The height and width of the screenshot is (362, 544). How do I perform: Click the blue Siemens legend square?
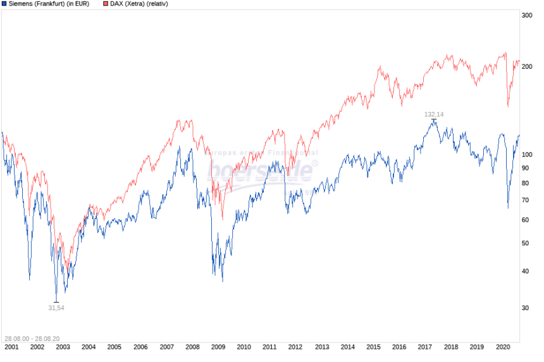(4, 4)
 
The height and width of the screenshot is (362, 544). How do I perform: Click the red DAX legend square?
(105, 4)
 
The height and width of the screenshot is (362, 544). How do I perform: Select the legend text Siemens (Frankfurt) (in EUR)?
(49, 4)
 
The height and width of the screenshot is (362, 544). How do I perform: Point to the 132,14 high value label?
(434, 114)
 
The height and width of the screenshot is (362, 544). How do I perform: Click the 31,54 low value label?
(56, 308)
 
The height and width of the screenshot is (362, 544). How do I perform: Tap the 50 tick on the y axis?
(524, 243)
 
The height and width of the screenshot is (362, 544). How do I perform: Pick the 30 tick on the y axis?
(524, 308)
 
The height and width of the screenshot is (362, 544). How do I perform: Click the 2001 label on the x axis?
(11, 347)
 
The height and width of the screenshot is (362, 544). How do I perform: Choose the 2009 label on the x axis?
(218, 347)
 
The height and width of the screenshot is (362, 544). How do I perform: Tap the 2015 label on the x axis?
(373, 347)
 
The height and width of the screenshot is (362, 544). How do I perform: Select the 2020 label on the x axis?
(503, 347)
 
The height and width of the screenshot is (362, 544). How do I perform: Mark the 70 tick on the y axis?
(524, 200)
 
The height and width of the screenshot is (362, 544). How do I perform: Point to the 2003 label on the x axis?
(63, 347)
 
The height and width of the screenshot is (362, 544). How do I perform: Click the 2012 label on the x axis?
(296, 347)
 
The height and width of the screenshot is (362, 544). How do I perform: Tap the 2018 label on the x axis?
(451, 347)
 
